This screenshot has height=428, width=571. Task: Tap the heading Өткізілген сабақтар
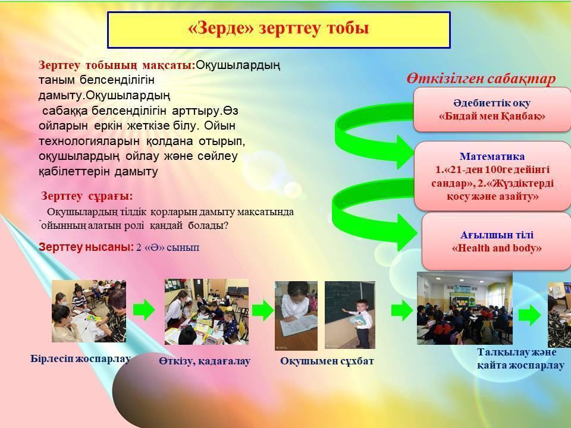coord(481,78)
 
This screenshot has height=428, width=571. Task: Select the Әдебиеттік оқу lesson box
coord(492,109)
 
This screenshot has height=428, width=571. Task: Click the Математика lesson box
coord(492,176)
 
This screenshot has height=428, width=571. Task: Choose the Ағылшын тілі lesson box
coord(497,241)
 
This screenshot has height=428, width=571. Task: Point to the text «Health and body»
coord(497,248)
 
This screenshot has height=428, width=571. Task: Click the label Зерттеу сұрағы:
coord(87,196)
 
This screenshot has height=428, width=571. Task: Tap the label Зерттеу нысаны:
coord(86,247)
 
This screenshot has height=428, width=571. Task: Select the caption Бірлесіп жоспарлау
coord(80,358)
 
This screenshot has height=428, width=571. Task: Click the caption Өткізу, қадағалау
coord(205,361)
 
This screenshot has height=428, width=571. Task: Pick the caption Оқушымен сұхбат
coord(327,361)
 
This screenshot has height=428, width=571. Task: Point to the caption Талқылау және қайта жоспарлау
coord(521,359)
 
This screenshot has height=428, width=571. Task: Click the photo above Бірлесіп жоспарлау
coord(89,311)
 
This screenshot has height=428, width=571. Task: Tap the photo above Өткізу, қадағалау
coord(206,312)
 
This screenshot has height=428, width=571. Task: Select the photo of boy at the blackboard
coord(350,315)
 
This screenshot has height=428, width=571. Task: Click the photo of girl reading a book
coord(296,316)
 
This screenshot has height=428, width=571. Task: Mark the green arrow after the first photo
coord(144,310)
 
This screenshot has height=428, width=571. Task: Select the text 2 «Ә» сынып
coord(168,247)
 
